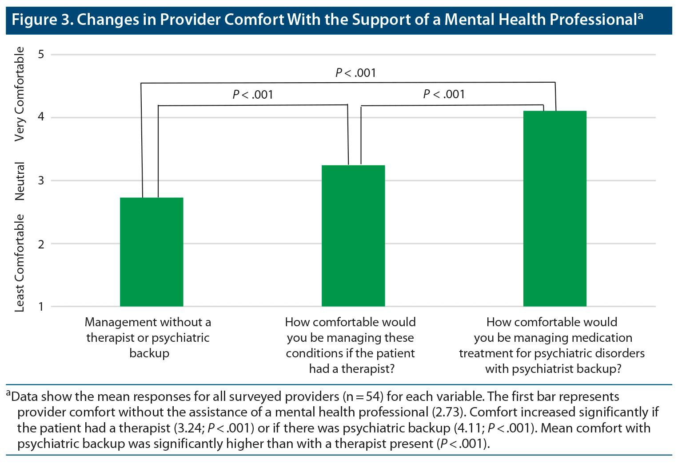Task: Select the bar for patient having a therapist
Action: (x=353, y=236)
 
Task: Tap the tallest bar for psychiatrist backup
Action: (x=554, y=208)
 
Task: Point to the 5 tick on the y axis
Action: (x=41, y=54)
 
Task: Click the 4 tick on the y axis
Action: (x=41, y=117)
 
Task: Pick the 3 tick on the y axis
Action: (x=41, y=180)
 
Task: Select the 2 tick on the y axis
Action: (x=41, y=244)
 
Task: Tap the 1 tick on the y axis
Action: (x=41, y=307)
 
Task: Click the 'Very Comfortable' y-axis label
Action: (x=20, y=94)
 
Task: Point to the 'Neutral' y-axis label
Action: (x=20, y=181)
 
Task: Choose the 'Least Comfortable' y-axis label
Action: (x=20, y=263)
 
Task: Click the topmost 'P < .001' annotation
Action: (x=355, y=73)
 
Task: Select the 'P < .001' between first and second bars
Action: (x=252, y=95)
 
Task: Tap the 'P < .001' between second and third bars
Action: (x=444, y=94)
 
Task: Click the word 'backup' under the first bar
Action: (x=149, y=353)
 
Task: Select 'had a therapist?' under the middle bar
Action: (x=351, y=369)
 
